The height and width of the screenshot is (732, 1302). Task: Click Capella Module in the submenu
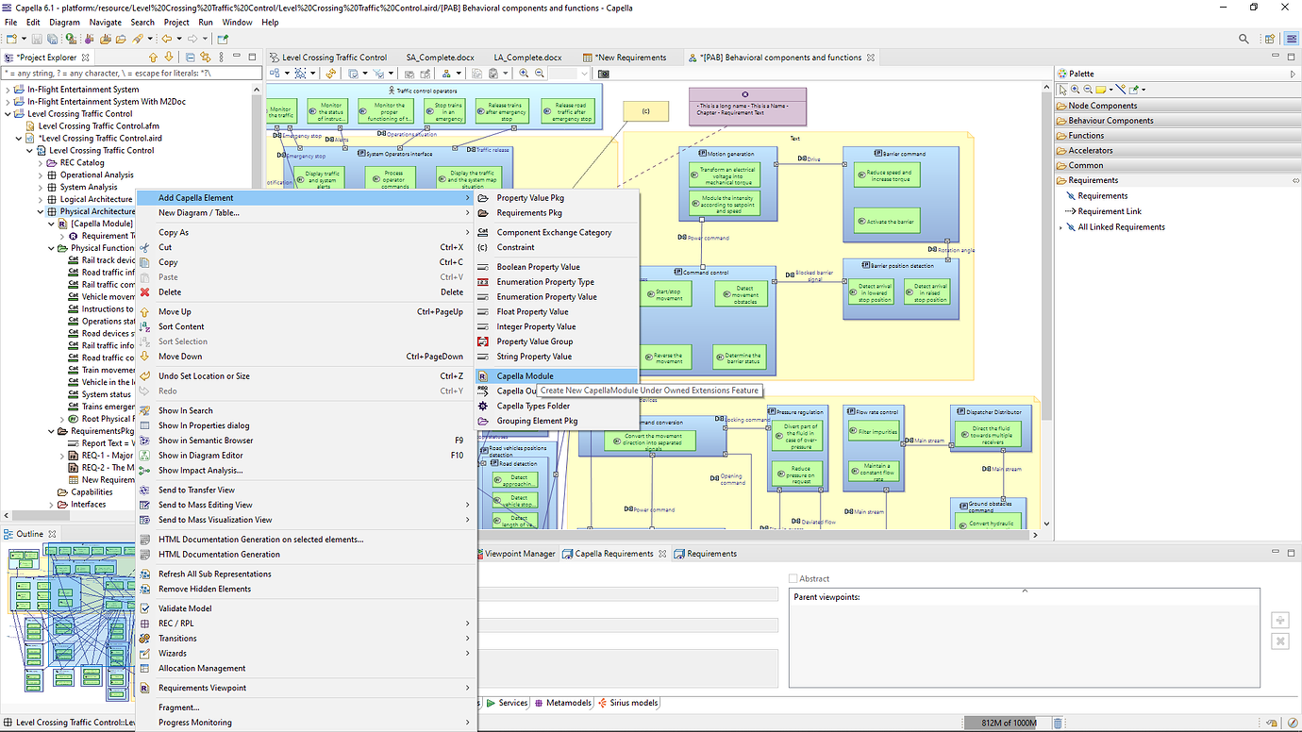(525, 376)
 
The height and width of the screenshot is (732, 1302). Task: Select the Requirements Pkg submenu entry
(527, 213)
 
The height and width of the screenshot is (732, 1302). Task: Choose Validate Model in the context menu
(185, 608)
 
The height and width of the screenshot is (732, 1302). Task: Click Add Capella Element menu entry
(195, 198)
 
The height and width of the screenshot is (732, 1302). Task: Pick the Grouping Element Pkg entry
(537, 421)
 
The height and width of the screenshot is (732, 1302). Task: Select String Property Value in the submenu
(534, 357)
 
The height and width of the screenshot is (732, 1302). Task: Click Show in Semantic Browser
(206, 441)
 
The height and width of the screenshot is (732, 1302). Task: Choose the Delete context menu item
(170, 292)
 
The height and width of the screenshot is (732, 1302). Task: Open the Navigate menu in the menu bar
(106, 22)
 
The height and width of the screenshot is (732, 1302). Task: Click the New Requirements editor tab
(630, 58)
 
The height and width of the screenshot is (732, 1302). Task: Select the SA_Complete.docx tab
(440, 58)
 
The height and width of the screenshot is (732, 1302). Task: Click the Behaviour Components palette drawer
(1110, 121)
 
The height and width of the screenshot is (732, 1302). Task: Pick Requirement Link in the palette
(1110, 211)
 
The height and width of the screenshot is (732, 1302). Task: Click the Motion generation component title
(729, 154)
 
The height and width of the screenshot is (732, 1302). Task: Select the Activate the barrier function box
(885, 222)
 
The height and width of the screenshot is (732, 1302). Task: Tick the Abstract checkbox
(793, 578)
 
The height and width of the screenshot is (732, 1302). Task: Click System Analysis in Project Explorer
(89, 187)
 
